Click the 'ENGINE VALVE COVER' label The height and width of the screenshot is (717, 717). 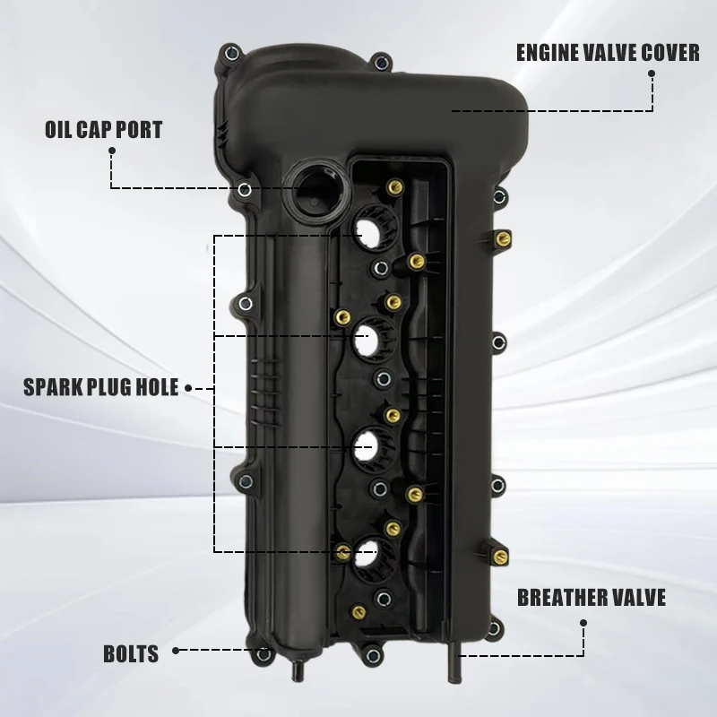pos(608,53)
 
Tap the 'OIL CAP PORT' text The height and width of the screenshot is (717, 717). pos(103,130)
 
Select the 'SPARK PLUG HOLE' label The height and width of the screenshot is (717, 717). pos(101,387)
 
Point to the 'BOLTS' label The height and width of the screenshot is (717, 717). pos(131,654)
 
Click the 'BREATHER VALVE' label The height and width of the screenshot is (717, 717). pos(592,598)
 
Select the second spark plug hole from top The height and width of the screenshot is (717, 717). pos(367,340)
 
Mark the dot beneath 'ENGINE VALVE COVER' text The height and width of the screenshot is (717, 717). pos(652,73)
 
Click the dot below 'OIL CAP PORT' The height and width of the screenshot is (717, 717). pos(111,151)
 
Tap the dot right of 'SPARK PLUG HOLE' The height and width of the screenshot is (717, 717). pos(188,388)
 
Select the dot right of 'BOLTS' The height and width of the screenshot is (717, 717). pos(176,651)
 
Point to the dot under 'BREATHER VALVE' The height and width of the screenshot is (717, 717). pos(583,623)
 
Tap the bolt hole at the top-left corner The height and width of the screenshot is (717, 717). pos(232,53)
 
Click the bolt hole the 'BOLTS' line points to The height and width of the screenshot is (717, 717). pos(263,654)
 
